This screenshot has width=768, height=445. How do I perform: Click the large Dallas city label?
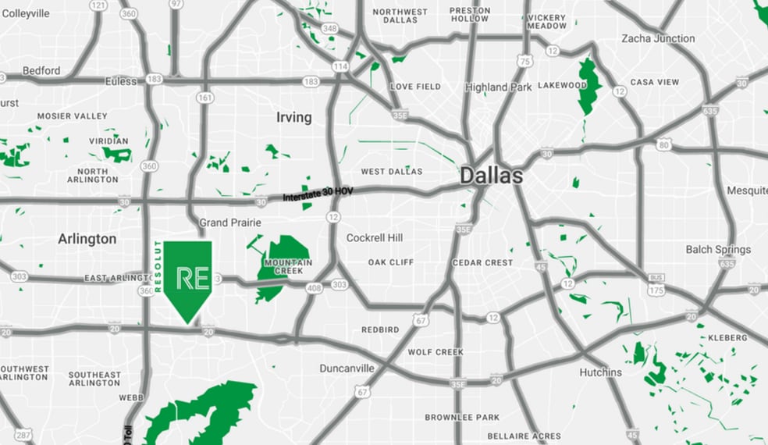click(491, 176)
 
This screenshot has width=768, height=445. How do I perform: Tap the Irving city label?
click(293, 117)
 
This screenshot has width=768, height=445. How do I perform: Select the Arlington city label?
click(87, 239)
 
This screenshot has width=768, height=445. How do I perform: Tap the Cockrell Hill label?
click(375, 237)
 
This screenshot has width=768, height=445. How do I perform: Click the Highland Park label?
click(498, 87)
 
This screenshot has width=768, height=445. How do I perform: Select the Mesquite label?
click(747, 190)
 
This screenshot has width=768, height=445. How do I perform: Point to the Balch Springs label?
click(718, 250)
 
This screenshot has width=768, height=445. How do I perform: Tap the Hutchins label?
click(600, 372)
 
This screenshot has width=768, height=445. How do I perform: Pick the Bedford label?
click(41, 70)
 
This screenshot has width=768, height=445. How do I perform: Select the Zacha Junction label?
click(657, 38)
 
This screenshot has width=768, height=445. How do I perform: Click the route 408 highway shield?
click(315, 289)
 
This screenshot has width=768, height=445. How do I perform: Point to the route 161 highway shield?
click(205, 98)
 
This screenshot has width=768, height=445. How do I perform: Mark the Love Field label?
click(415, 87)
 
